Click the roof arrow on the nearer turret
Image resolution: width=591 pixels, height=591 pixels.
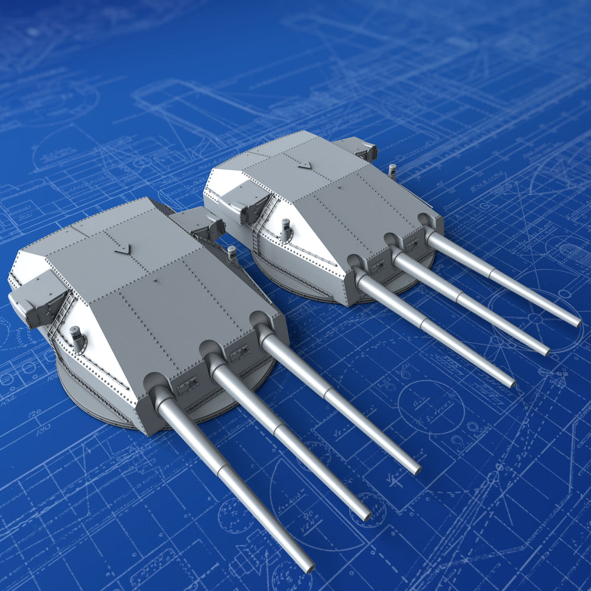[122, 248]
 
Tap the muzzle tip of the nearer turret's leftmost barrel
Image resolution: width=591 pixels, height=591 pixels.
[308, 569]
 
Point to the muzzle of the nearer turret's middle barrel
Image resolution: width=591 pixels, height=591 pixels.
[367, 516]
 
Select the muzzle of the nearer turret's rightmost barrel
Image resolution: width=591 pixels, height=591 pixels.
[417, 470]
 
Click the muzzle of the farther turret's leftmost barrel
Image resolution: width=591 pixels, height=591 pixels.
[511, 384]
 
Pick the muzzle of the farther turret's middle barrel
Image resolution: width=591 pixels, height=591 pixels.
[545, 352]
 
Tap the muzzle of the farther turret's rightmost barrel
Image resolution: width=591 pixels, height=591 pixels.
[577, 323]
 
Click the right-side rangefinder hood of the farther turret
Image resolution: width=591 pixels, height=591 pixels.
[358, 148]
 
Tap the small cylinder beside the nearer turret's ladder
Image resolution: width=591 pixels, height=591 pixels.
[76, 338]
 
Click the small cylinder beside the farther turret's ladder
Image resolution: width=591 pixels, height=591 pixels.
[285, 229]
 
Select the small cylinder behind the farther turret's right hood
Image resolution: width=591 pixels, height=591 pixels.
[392, 171]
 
